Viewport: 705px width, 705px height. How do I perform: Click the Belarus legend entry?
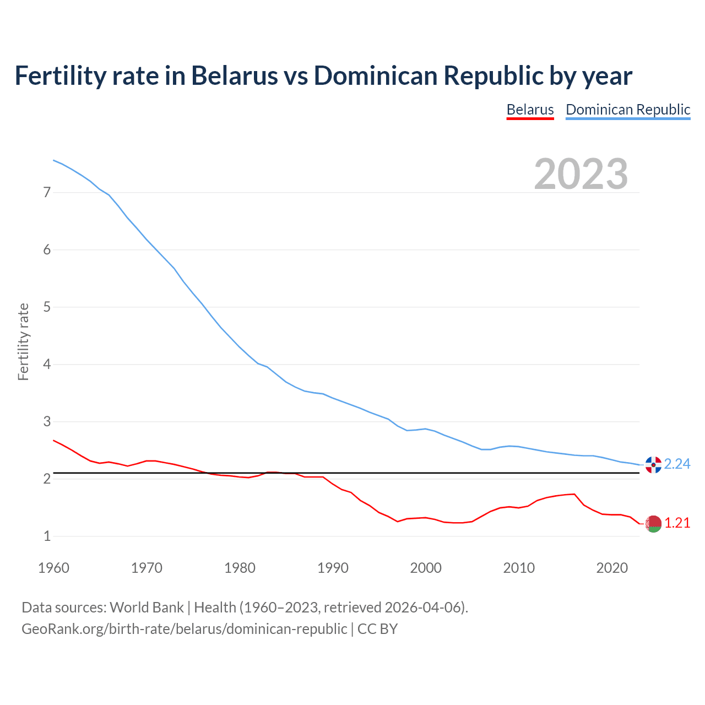[x=530, y=110]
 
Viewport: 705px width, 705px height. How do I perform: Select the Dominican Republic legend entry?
[x=628, y=110]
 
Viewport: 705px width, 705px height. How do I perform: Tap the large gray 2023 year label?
[x=581, y=174]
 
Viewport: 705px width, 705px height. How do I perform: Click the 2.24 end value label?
[x=677, y=464]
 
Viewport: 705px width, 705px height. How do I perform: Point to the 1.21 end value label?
[x=677, y=523]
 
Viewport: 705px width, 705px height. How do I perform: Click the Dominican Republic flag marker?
[x=653, y=465]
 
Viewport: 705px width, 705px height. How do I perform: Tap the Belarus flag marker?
[x=653, y=524]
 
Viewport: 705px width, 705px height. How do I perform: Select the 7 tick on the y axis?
[x=47, y=193]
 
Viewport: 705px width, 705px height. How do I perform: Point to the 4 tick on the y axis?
[x=47, y=365]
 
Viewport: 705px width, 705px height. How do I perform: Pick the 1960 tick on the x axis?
[x=53, y=568]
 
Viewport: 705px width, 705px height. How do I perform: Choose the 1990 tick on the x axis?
[x=333, y=568]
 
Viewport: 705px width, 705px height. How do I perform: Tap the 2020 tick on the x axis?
[x=612, y=568]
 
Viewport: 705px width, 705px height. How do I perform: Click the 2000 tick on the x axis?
[x=426, y=568]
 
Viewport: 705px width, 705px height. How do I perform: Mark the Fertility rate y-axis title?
[x=23, y=341]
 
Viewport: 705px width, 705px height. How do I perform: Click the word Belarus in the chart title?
[x=235, y=76]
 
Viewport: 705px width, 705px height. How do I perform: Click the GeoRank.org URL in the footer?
[x=184, y=629]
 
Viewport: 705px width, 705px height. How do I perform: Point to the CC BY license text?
[x=377, y=629]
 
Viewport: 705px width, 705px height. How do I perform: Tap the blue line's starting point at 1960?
[x=53, y=160]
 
